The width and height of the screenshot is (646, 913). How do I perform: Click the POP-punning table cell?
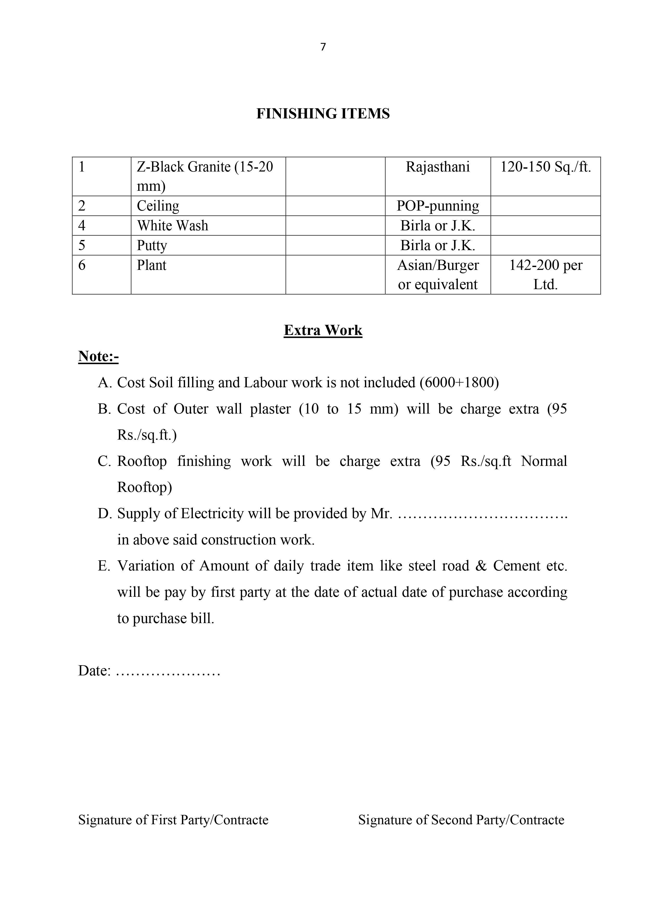pyautogui.click(x=438, y=206)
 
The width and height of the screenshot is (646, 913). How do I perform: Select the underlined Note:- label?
pyautogui.click(x=98, y=356)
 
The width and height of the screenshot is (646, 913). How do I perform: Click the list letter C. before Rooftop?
pyautogui.click(x=104, y=461)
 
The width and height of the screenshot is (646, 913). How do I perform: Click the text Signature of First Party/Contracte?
pyautogui.click(x=173, y=820)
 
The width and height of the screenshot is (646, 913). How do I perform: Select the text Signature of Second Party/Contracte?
pyautogui.click(x=461, y=820)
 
